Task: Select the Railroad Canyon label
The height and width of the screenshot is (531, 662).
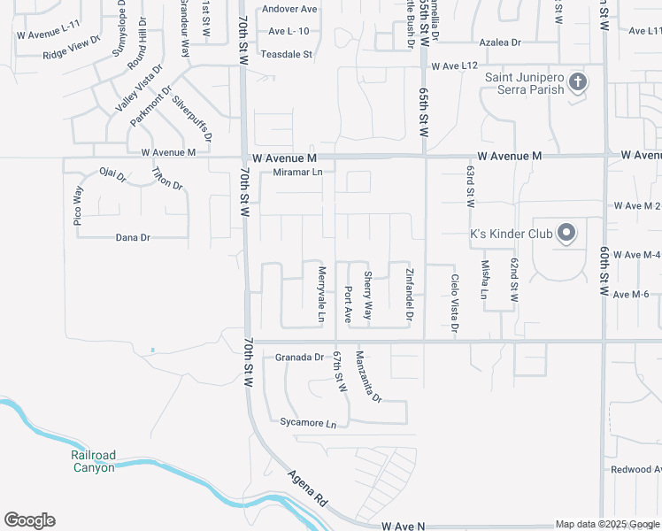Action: tap(93, 461)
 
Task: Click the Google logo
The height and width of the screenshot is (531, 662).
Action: tap(29, 520)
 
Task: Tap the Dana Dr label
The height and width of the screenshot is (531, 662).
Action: tap(133, 237)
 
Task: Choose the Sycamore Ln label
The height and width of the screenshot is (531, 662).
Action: tap(308, 423)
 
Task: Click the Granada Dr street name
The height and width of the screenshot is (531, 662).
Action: tap(300, 358)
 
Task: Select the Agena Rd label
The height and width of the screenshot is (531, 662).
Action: tap(307, 488)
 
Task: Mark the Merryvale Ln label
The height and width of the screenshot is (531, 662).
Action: tap(322, 294)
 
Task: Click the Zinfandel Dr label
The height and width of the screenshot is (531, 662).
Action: tap(410, 294)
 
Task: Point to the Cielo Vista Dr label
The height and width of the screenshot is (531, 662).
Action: tap(455, 304)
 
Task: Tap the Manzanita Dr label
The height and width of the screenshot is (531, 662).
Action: tap(367, 376)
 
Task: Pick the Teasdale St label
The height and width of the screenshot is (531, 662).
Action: tap(287, 54)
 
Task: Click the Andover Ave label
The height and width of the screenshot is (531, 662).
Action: tap(289, 9)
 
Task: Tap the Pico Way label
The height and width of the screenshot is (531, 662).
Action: tap(78, 206)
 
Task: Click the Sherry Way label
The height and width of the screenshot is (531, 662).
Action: tap(368, 296)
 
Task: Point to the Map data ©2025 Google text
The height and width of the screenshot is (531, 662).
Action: tap(607, 524)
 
